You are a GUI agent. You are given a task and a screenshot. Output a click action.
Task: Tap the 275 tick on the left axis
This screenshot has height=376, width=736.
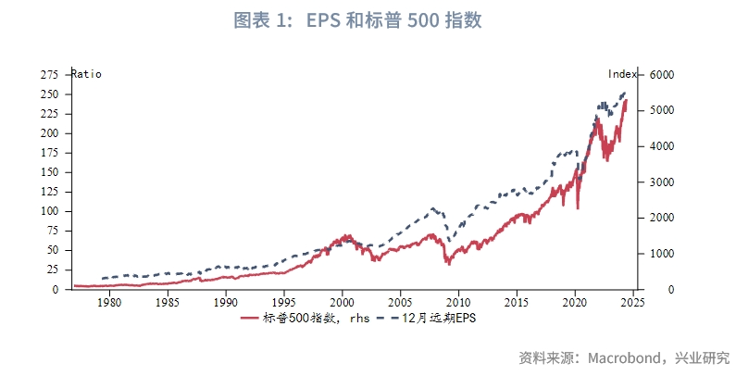point(50,74)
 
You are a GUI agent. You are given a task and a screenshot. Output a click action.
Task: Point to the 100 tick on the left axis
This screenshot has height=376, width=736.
point(50,211)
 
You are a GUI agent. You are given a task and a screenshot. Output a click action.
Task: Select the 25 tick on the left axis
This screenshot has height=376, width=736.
point(53,269)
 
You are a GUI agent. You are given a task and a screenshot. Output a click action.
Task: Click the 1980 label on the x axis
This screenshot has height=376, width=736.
point(108,302)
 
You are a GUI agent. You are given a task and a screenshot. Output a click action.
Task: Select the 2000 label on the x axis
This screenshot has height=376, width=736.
point(342,302)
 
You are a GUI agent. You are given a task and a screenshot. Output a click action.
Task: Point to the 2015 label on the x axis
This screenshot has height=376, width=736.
point(517,302)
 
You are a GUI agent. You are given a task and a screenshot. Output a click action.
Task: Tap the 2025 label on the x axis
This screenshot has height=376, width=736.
point(633,302)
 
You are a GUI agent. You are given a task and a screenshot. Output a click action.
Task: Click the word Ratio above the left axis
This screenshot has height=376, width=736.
point(86,74)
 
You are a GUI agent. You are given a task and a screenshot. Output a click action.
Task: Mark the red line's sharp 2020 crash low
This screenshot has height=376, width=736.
point(578,208)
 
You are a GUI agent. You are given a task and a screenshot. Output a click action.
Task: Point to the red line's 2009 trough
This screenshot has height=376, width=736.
point(448,265)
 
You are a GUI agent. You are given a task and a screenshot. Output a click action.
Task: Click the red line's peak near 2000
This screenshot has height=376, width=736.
point(344,235)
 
